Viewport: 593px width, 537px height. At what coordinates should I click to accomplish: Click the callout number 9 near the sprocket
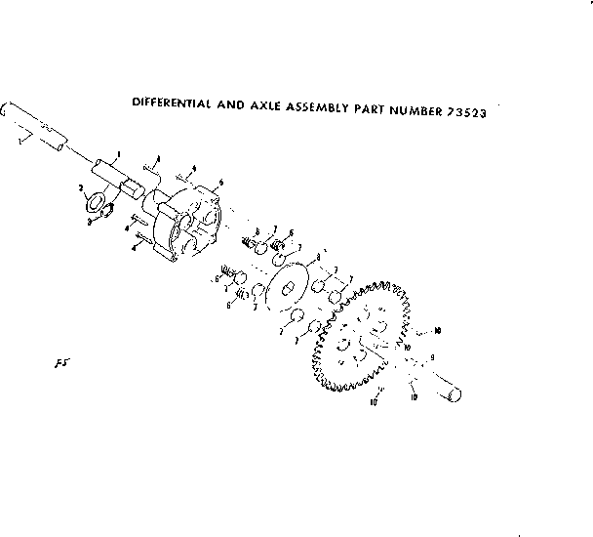coord(432,358)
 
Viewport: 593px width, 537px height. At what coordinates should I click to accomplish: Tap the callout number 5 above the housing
coord(222,182)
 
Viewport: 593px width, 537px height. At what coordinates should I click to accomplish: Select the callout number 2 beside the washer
coord(80,186)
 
